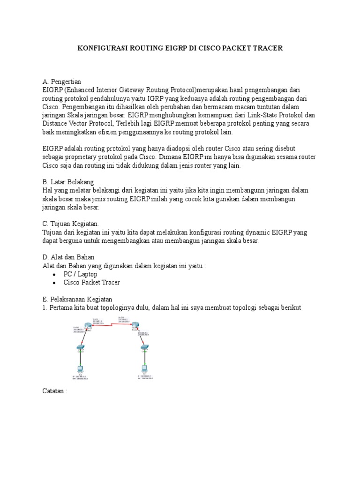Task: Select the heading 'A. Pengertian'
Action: click(x=61, y=82)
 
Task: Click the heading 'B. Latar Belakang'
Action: click(x=68, y=181)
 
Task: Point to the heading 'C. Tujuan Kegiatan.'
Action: click(x=70, y=224)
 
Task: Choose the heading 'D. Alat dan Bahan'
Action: click(x=68, y=257)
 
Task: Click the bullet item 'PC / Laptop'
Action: click(x=80, y=274)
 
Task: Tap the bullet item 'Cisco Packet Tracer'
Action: click(x=91, y=283)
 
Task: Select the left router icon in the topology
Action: click(x=89, y=326)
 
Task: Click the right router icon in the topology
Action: click(x=135, y=325)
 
